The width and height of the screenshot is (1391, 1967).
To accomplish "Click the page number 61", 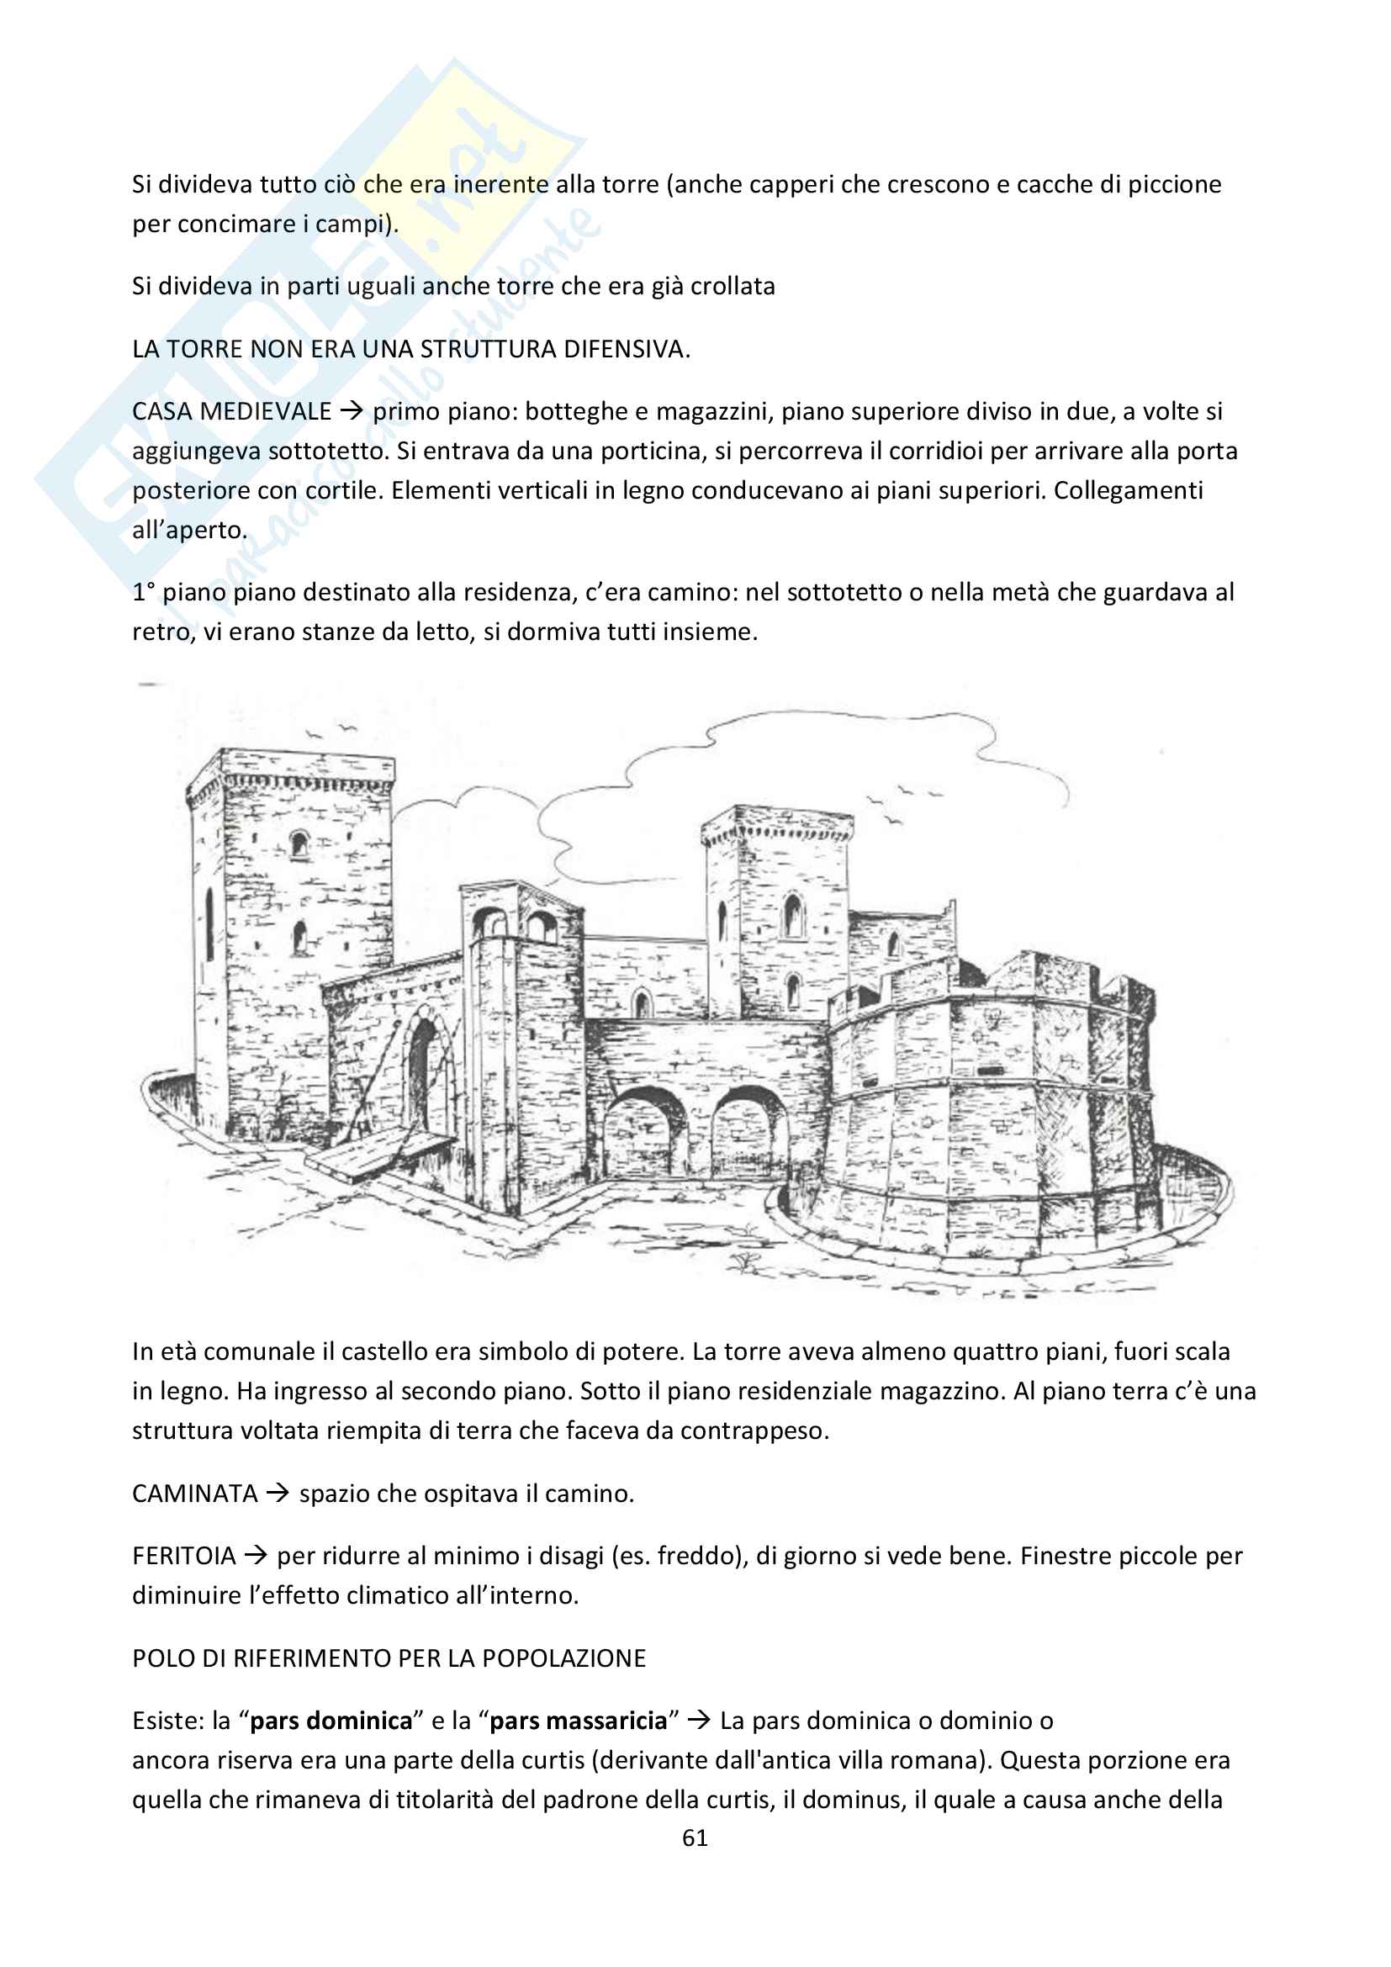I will [695, 1838].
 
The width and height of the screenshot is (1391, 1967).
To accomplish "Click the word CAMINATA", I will [194, 1494].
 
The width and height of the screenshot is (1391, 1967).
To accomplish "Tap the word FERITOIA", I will [183, 1556].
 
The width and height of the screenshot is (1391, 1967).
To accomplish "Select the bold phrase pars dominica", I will [331, 1721].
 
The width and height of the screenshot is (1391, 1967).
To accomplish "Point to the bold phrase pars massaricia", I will [578, 1721].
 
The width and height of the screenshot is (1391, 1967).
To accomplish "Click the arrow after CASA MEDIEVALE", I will [352, 411].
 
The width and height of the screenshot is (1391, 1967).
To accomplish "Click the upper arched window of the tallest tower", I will [299, 843].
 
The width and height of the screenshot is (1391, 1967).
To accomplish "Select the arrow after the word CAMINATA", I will [277, 1494].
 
